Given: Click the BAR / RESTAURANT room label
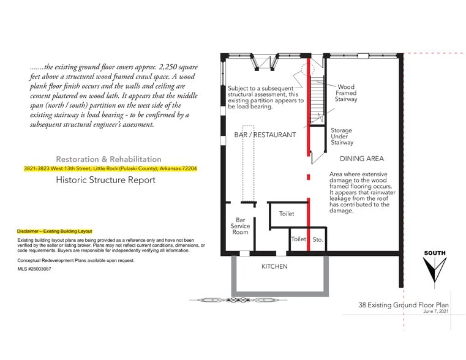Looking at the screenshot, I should (x=265, y=135).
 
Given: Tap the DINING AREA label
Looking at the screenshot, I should (x=362, y=159).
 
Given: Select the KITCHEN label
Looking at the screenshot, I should (x=274, y=267).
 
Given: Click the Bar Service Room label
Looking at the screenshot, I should (x=239, y=226).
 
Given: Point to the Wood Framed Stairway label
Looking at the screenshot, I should (x=346, y=93).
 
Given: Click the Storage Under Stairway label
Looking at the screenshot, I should (x=342, y=137).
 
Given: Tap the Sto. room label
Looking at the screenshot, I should (x=318, y=240).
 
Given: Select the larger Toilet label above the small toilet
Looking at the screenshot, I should (x=287, y=214).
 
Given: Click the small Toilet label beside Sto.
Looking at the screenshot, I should (x=298, y=240).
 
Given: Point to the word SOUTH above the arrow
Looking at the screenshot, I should (x=435, y=253).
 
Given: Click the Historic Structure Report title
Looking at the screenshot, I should (x=105, y=180).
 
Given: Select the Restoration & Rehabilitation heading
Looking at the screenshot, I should (x=108, y=159).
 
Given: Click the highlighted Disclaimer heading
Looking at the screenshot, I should (x=54, y=231).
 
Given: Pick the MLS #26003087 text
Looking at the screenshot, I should (x=34, y=269).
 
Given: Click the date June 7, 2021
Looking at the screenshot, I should (x=435, y=312).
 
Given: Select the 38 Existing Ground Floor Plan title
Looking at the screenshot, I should (x=404, y=304).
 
